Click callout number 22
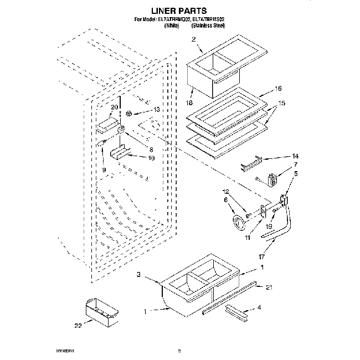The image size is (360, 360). [78, 325]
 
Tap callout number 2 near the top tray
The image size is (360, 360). [193, 39]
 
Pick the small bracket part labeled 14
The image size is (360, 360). [252, 164]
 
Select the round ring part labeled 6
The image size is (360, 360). [239, 222]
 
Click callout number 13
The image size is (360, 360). [156, 110]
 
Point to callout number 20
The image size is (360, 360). [115, 107]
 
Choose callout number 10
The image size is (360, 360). [150, 158]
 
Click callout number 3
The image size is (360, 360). [140, 274]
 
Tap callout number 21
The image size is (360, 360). [269, 287]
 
